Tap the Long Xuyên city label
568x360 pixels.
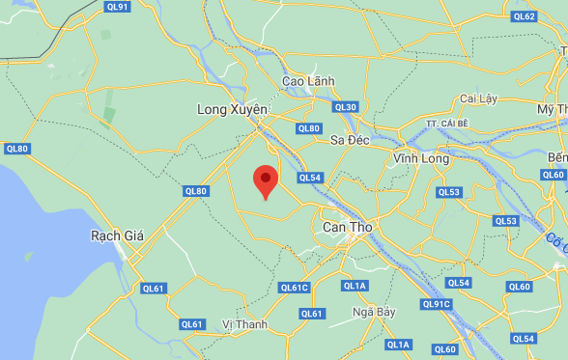231,110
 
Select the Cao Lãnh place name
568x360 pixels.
306,81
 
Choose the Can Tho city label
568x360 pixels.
346,228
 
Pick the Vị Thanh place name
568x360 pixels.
244,324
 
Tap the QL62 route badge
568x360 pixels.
525,16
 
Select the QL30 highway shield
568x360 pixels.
345,107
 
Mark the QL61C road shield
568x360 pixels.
295,288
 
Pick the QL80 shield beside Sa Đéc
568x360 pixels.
309,128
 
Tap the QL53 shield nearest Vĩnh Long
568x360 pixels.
449,192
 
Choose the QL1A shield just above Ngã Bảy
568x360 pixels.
355,286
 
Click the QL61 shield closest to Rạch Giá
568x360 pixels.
154,288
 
